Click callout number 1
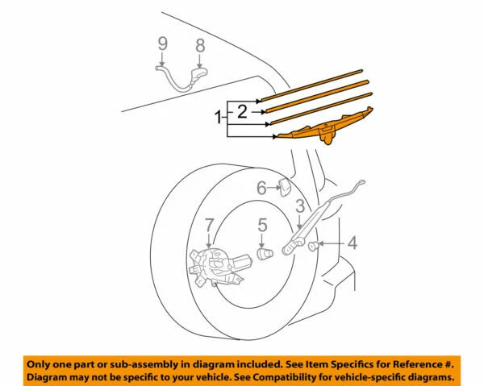(x=217, y=118)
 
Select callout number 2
(x=241, y=112)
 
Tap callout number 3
(x=299, y=208)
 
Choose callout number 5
(x=263, y=225)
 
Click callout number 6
(x=262, y=189)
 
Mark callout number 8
(x=200, y=47)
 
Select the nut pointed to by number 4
(x=313, y=245)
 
